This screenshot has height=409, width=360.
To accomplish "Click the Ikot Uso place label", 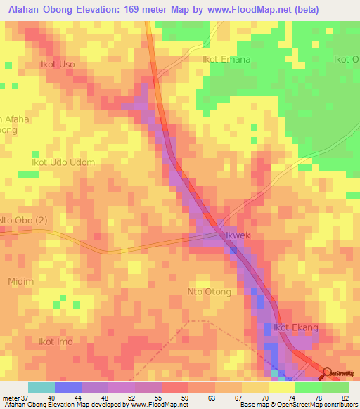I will point(58,65).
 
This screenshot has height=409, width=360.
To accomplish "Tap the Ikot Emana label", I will point(226,60).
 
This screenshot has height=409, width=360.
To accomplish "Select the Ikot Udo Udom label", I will point(63,162).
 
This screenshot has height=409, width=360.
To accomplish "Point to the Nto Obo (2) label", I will point(24,221).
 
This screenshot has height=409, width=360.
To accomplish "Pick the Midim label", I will point(20,281).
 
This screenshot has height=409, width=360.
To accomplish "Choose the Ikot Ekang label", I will point(296,327).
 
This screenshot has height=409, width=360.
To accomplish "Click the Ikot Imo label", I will point(56,342).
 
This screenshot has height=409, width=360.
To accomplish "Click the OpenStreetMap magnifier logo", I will point(328,372).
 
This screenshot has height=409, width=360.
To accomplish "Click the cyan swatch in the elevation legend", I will point(41,387).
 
